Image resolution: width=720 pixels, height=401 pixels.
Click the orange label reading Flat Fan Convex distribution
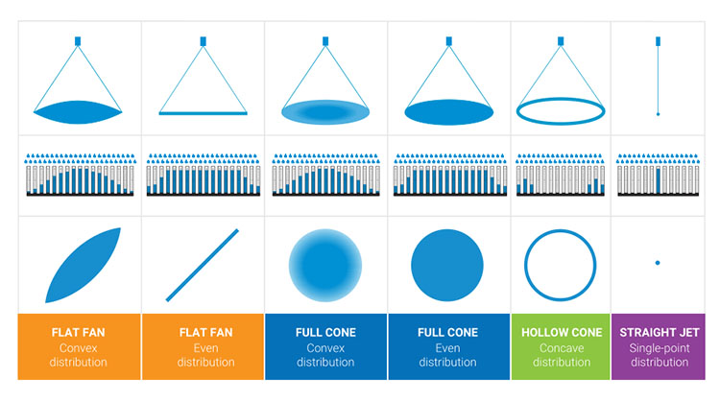80,347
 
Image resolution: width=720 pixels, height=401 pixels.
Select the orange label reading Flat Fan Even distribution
203,347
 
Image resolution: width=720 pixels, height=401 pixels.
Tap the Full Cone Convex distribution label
325,347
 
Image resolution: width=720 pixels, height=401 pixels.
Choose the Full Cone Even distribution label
448,347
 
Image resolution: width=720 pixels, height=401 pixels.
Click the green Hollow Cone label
571,347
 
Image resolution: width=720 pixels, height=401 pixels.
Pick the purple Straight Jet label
658,347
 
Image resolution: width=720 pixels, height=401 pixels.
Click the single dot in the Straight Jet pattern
658,262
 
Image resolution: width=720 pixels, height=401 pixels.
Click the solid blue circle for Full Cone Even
448,263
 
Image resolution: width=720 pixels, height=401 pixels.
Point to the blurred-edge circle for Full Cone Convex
325,263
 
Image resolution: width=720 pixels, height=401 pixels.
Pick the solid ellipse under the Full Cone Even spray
448,111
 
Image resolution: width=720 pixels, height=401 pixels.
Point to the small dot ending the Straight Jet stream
658,114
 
